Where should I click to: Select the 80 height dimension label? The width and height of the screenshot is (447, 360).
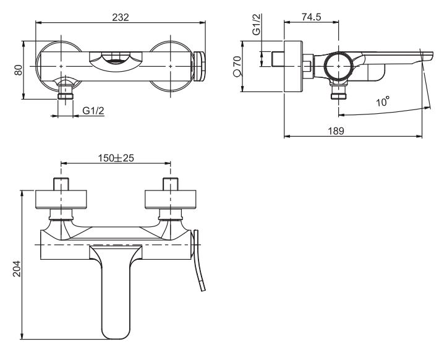[x=19, y=69]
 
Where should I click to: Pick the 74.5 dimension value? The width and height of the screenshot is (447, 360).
[x=311, y=17]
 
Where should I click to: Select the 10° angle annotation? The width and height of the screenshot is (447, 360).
[x=383, y=101]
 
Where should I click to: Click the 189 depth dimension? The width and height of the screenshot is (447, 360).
[x=336, y=131]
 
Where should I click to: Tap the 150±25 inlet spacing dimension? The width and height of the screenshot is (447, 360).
[x=116, y=158]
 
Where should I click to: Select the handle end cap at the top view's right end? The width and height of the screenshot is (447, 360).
[x=198, y=66]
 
